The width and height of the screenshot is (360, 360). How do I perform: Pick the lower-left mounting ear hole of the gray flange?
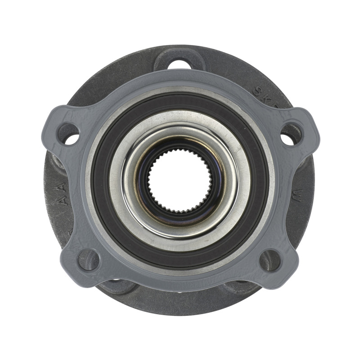click(88, 260)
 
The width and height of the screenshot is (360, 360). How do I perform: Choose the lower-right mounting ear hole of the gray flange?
click(271, 260)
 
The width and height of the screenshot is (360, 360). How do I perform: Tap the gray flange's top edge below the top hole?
click(180, 76)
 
